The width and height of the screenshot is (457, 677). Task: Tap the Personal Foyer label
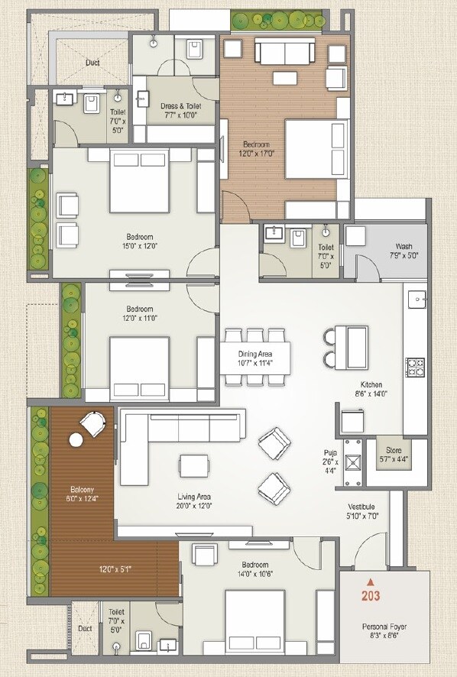coord(384,627)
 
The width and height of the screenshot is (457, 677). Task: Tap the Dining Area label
coord(254,355)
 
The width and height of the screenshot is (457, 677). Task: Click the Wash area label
coord(404,247)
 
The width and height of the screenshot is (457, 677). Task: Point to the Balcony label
coord(79,488)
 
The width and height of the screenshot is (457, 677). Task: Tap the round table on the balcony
coord(76,439)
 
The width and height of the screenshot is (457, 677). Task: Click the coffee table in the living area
coord(194,465)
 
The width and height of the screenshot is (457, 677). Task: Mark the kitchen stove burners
coord(416,368)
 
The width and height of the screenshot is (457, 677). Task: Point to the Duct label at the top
coord(92,63)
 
